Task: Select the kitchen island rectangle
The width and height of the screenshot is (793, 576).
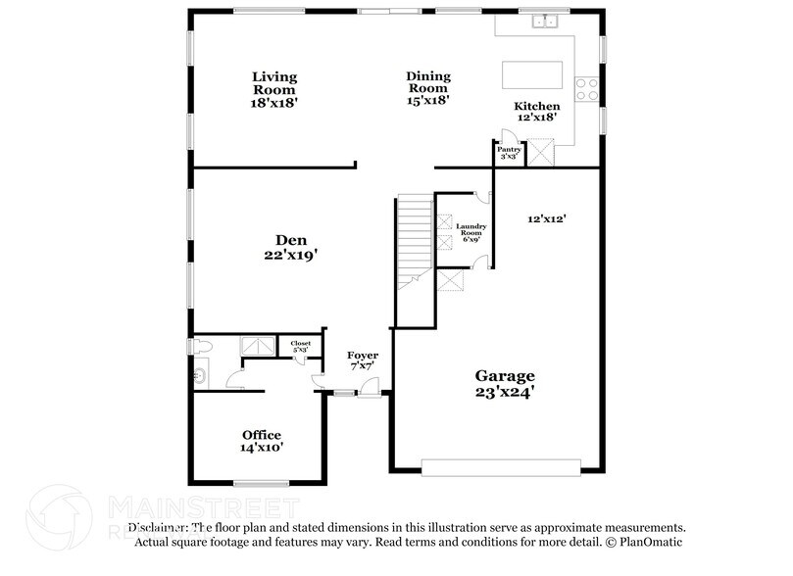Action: (x=532, y=76)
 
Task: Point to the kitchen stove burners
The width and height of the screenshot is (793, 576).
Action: (x=586, y=89)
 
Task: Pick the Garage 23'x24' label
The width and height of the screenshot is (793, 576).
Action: (x=505, y=382)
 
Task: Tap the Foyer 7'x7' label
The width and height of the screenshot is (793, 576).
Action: (x=362, y=360)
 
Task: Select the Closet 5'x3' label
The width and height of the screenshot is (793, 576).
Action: (x=299, y=346)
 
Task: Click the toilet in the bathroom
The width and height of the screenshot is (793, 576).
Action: (x=200, y=345)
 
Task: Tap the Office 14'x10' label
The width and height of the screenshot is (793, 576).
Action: (x=262, y=440)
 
